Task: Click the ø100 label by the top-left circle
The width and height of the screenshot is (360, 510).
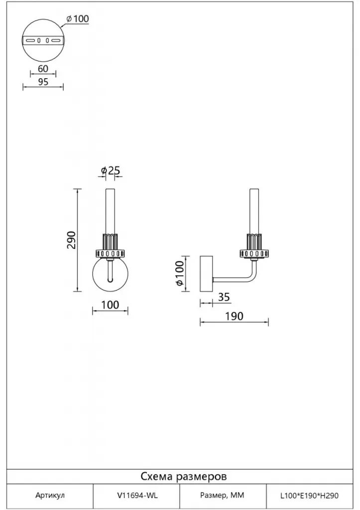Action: [x=77, y=19]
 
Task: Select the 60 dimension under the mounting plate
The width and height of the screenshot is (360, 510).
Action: [x=43, y=69]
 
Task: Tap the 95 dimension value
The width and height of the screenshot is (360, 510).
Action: [x=43, y=82]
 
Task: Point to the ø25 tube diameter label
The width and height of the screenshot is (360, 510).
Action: [x=111, y=170]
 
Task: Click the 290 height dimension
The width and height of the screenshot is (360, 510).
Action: [x=71, y=240]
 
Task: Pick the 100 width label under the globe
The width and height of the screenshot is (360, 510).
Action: [x=110, y=305]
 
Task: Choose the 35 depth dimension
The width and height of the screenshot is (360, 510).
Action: [x=224, y=297]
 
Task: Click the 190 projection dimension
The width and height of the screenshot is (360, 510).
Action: [x=234, y=316]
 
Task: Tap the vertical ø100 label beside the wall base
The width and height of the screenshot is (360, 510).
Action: [x=180, y=274]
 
